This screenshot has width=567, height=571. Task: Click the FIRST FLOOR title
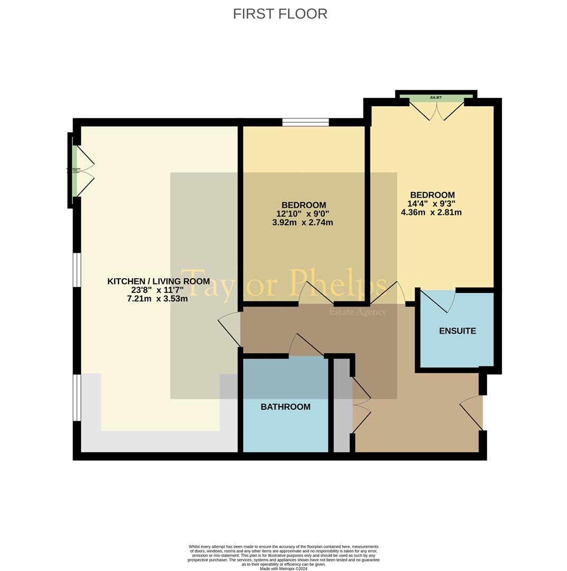[280, 14]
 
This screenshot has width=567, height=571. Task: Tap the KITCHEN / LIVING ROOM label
[158, 281]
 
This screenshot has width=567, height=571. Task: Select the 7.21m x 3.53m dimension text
[157, 299]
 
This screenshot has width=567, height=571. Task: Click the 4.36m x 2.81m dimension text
[431, 213]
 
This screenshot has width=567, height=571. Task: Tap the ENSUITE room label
[458, 331]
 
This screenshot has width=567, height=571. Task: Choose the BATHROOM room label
[286, 407]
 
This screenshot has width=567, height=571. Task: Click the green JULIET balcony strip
[436, 98]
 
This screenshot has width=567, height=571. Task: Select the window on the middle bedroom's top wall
[305, 122]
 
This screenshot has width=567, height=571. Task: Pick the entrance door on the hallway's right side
[472, 412]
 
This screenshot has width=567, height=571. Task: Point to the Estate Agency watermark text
[358, 312]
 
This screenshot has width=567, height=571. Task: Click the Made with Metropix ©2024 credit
[283, 568]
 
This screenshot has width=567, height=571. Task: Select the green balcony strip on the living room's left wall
[75, 170]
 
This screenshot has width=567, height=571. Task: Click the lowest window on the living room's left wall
[77, 397]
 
